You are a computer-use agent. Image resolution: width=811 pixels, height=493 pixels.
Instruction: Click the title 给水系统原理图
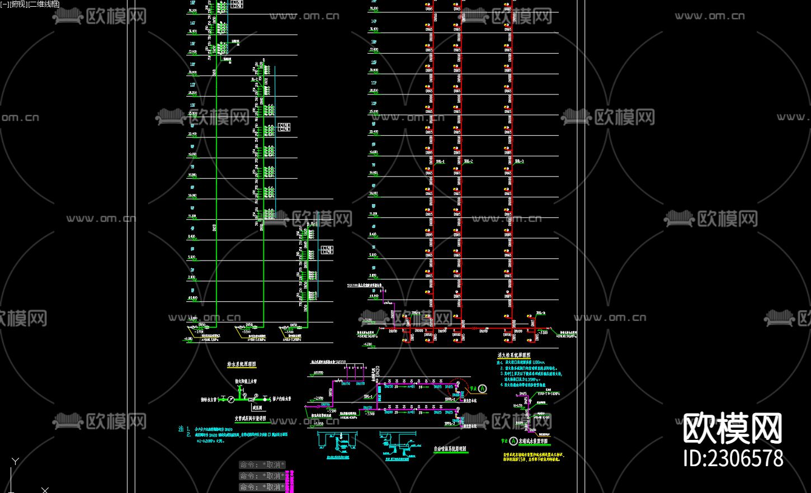tap(242, 364)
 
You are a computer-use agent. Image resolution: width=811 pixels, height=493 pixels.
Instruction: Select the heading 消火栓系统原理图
tap(513, 355)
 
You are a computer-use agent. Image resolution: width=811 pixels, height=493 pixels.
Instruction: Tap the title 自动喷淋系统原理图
tap(450, 449)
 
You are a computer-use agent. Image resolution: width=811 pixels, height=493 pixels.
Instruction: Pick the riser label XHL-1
tap(440, 162)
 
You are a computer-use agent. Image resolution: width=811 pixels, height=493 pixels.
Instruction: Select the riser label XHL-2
tap(468, 162)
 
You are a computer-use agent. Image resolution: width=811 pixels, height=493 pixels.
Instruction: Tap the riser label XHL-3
tap(519, 162)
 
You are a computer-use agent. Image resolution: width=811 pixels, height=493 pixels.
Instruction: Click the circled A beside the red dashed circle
tap(483, 388)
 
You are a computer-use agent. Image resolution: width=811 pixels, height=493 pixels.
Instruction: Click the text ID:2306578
tap(733, 458)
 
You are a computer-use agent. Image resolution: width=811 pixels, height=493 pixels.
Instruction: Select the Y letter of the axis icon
tap(15, 461)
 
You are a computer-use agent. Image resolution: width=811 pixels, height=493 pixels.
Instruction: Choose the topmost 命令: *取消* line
tap(262, 465)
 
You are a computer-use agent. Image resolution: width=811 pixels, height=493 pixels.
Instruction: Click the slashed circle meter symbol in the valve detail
tap(223, 399)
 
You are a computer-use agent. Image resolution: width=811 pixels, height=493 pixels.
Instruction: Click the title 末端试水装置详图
tap(533, 441)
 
